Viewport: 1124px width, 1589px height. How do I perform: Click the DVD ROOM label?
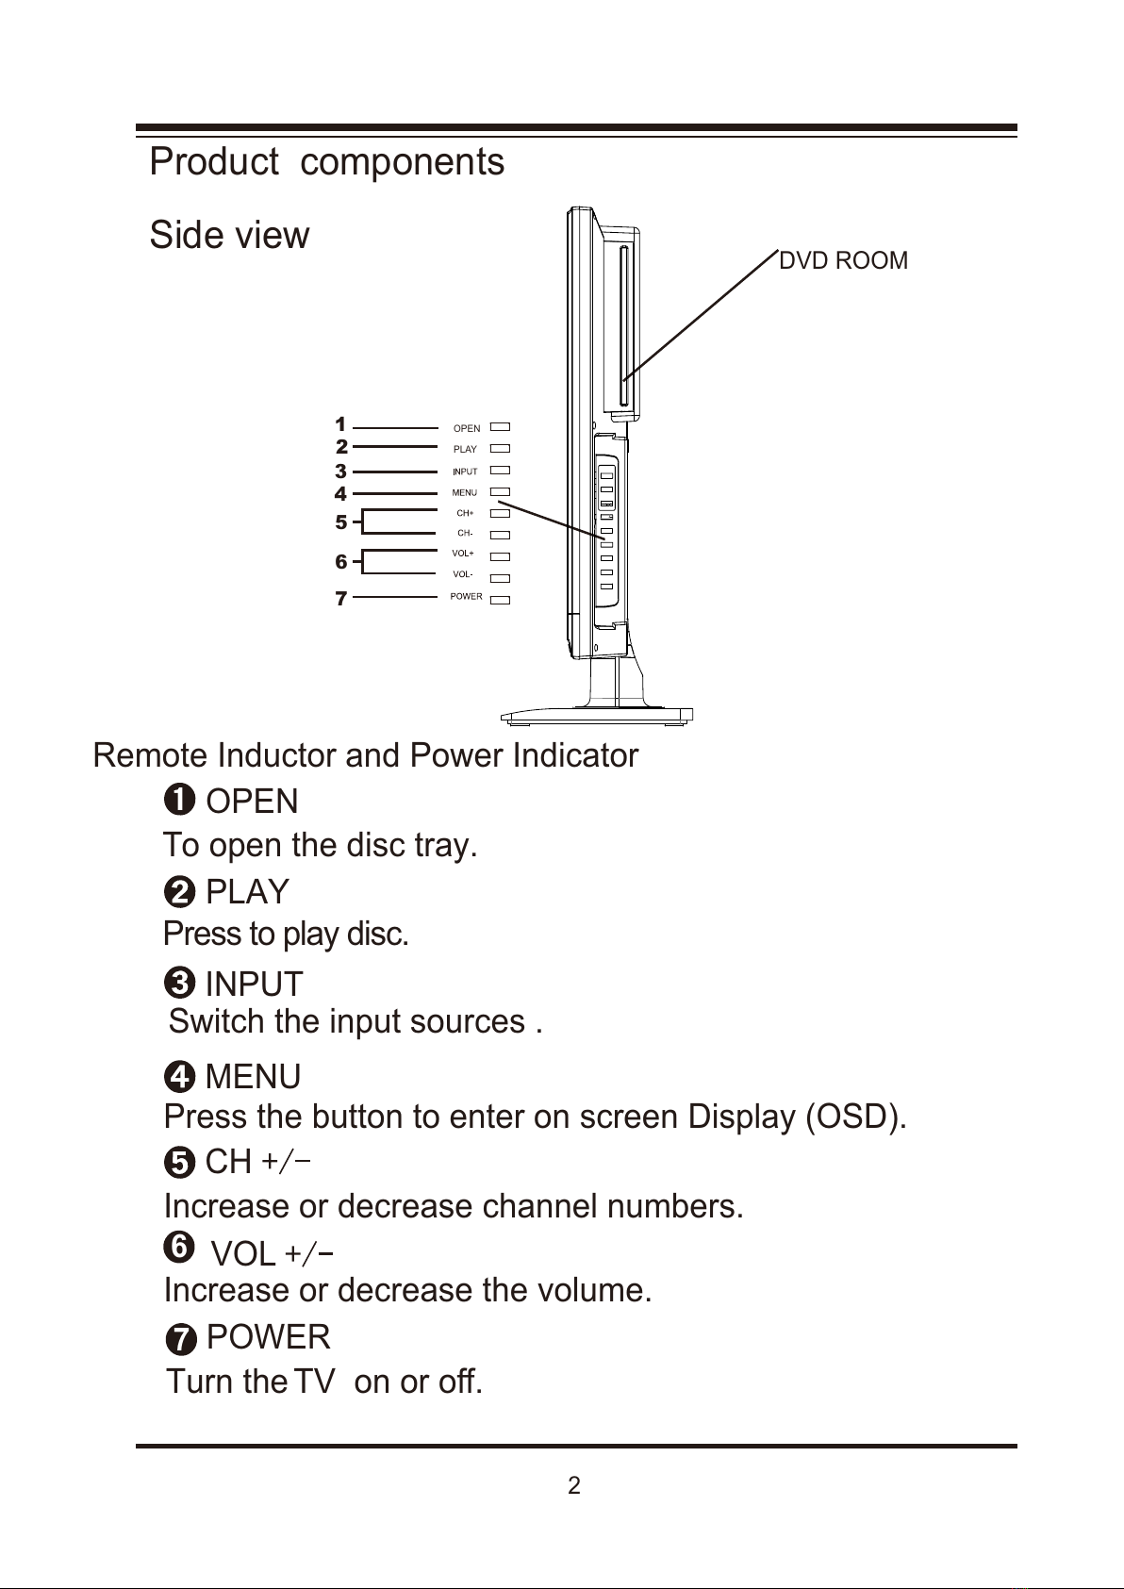tap(843, 261)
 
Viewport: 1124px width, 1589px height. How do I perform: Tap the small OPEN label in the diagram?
tap(467, 428)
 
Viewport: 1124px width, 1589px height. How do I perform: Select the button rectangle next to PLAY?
tap(500, 449)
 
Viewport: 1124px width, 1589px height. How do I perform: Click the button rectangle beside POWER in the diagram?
tap(500, 600)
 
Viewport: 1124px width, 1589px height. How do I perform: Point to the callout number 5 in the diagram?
tap(341, 522)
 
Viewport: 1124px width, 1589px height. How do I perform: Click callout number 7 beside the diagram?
tap(341, 599)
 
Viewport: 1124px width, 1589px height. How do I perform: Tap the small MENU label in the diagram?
tap(465, 493)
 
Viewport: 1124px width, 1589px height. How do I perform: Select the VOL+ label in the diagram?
tap(462, 554)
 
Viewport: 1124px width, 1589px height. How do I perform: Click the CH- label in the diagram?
tap(465, 533)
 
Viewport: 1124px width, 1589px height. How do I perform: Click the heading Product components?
tap(327, 162)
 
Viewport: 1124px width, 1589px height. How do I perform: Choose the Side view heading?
tap(229, 235)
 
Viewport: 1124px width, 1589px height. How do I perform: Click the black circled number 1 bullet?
tap(179, 801)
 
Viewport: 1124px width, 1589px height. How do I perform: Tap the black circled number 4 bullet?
tap(179, 1077)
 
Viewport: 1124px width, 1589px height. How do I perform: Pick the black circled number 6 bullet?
tap(179, 1247)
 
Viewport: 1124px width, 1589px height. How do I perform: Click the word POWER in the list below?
tap(268, 1338)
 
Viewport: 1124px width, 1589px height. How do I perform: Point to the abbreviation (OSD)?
tap(856, 1117)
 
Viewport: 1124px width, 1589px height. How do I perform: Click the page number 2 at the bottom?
tap(574, 1485)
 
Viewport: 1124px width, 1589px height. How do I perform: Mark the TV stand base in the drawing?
tap(596, 715)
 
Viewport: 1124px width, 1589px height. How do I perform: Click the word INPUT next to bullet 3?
tap(254, 985)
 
